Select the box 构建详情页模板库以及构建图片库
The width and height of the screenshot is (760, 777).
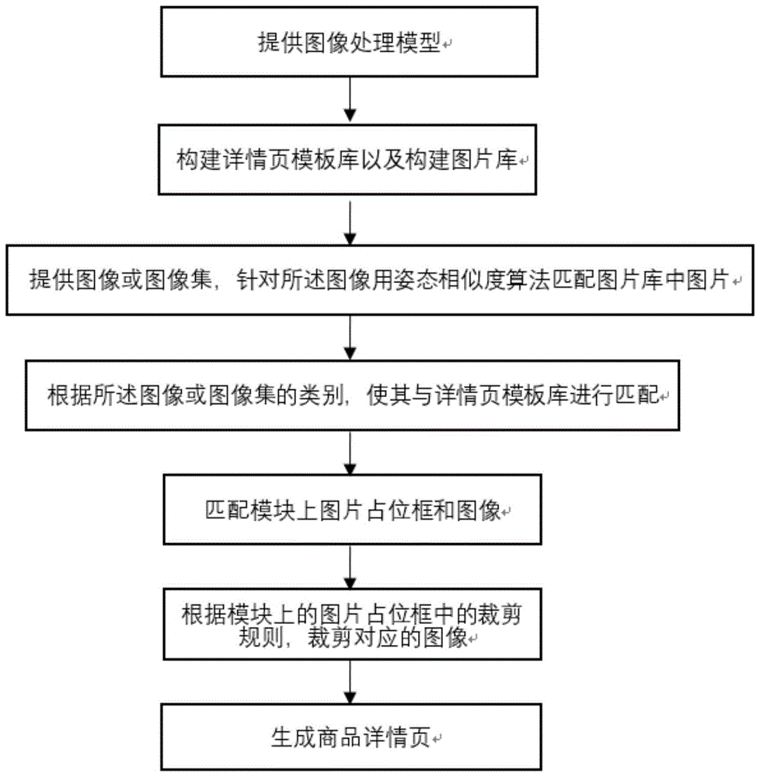349,161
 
